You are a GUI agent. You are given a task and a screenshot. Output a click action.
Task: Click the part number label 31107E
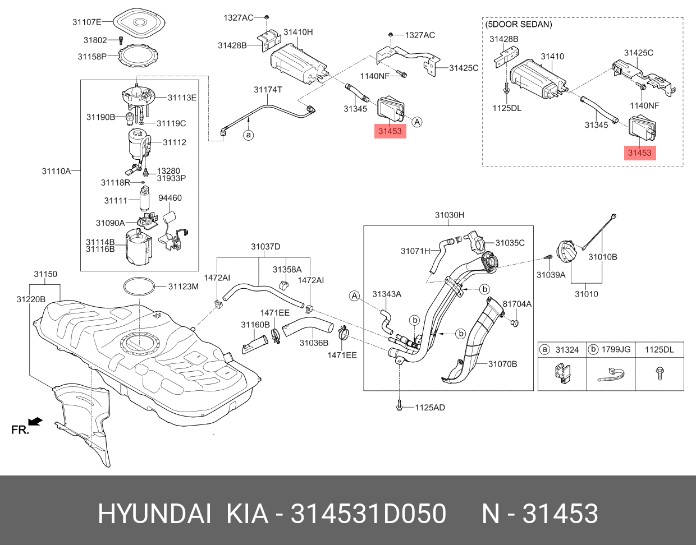coord(86,22)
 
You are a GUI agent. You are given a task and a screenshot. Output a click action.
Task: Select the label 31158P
coord(91,57)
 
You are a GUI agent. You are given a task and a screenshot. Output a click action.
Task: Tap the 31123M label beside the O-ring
coord(183,287)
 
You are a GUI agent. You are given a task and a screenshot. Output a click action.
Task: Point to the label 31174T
coord(268,90)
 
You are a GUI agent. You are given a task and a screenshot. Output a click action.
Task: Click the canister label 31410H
coord(298,33)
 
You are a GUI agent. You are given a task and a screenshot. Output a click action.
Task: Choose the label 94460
coord(170,198)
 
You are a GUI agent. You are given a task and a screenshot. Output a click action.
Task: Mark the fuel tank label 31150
coord(45,274)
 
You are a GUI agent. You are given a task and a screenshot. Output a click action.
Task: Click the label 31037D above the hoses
coord(265,247)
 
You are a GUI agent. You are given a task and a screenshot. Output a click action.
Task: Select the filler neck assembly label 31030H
coord(449,215)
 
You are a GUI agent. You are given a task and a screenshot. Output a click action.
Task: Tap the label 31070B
coord(502,364)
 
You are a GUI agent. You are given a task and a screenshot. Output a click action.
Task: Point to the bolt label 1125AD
coord(430,408)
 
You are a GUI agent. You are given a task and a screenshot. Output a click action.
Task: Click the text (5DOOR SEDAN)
coord(519,25)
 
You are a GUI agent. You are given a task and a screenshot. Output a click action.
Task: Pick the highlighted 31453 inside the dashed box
coord(639,153)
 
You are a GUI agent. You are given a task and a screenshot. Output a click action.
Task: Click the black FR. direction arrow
coord(35,421)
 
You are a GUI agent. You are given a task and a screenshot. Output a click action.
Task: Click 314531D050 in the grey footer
coord(368,514)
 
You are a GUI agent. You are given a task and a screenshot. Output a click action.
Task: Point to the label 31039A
coord(551,275)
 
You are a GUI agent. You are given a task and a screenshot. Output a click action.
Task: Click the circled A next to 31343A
coord(354,295)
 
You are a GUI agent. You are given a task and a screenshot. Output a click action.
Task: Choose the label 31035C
coord(510,243)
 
